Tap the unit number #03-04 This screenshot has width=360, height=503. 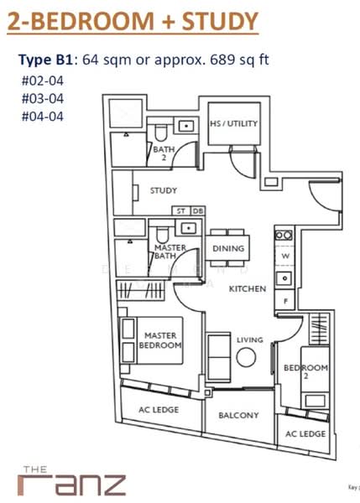click(41, 99)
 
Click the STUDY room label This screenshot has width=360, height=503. click(164, 190)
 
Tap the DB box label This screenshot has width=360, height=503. click(197, 210)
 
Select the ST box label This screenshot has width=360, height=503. click(180, 210)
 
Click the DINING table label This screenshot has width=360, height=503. click(228, 248)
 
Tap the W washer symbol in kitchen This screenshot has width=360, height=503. click(285, 257)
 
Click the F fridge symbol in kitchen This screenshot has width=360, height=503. click(285, 299)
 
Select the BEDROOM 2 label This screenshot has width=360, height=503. click(298, 372)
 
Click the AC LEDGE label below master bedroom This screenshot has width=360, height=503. click(159, 410)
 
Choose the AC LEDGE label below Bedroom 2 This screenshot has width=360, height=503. click(305, 433)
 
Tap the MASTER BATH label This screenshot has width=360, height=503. click(170, 252)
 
